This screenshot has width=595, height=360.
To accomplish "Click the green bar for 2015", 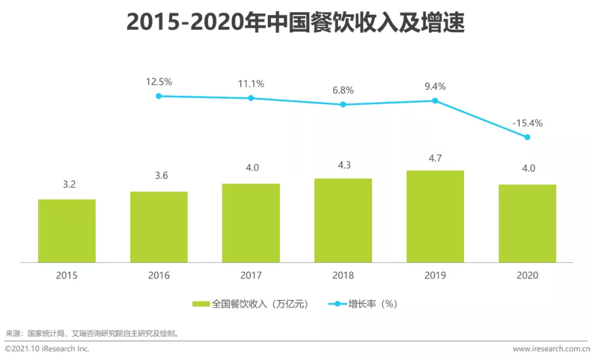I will point(67,230).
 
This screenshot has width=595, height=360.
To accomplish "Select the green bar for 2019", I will point(435,216).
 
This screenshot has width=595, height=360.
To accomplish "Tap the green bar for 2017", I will point(251,223).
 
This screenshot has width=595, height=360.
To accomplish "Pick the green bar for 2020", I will point(527,223).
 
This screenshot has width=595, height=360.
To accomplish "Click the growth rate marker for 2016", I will point(159,96).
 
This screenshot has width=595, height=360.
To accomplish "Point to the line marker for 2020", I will point(527,137).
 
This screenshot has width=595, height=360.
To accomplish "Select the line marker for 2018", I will point(343,104).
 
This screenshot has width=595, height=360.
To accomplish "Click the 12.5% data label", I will point(159,82).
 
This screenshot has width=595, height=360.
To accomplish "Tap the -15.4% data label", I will point(527,123).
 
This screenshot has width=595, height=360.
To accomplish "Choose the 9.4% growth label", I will point(435,87).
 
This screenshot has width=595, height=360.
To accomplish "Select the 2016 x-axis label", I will point(159,276).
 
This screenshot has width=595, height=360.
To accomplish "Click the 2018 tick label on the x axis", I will point(343,276).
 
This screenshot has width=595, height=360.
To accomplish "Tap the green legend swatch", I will point(201,304).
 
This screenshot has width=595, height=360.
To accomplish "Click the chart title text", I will point(296,23).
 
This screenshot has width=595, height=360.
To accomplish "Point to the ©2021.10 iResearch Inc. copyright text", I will point(47,349).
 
